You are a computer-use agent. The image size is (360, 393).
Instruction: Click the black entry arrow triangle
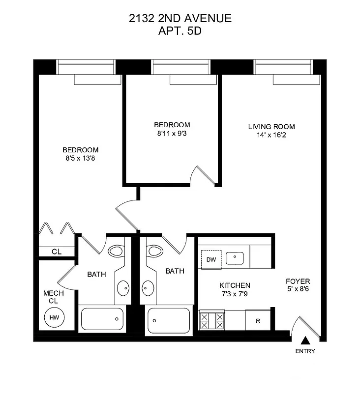(305, 340)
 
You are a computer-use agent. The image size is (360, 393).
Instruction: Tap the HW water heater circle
(54, 317)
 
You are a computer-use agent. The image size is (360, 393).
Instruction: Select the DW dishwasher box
(211, 259)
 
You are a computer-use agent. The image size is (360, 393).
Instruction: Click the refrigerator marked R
(258, 321)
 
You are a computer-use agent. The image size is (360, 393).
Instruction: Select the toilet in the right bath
(154, 252)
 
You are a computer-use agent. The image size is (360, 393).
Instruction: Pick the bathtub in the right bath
(168, 320)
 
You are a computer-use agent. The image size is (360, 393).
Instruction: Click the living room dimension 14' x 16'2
(267, 135)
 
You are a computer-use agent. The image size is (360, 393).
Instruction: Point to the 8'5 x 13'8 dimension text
(80, 159)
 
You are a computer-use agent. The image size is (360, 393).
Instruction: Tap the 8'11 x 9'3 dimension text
(172, 133)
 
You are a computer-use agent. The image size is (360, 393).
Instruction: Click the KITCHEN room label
(235, 285)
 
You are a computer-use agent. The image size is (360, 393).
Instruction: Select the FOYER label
(299, 281)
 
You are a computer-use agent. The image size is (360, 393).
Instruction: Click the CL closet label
(57, 252)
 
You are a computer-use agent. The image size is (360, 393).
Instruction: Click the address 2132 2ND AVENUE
(180, 19)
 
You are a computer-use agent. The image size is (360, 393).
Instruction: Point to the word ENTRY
(305, 351)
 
